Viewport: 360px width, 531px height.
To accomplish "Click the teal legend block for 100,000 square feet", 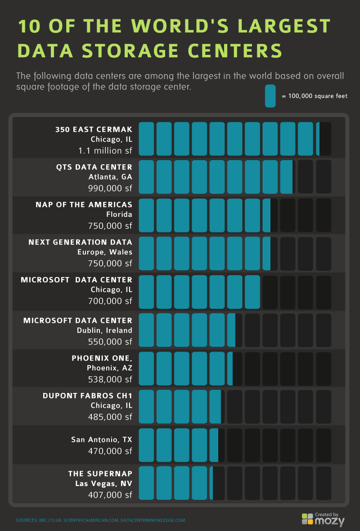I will pyautogui.click(x=270, y=96).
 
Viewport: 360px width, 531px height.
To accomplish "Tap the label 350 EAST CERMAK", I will pyautogui.click(x=94, y=129).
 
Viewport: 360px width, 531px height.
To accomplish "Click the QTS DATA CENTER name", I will pyautogui.click(x=94, y=167).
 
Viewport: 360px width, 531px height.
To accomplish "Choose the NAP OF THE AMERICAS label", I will pyautogui.click(x=84, y=205).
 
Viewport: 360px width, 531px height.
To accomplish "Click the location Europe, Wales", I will pyautogui.click(x=105, y=252).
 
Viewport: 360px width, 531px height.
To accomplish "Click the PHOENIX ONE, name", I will pyautogui.click(x=102, y=358).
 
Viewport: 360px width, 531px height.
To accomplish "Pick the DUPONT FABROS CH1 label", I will pyautogui.click(x=87, y=396).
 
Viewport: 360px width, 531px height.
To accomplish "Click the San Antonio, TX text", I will pyautogui.click(x=102, y=439).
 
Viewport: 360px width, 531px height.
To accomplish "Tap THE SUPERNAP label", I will pyautogui.click(x=100, y=474).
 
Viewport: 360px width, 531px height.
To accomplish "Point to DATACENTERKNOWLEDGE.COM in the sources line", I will pyautogui.click(x=153, y=520).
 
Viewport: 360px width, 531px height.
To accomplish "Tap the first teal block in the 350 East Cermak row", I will pyautogui.click(x=146, y=138).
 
